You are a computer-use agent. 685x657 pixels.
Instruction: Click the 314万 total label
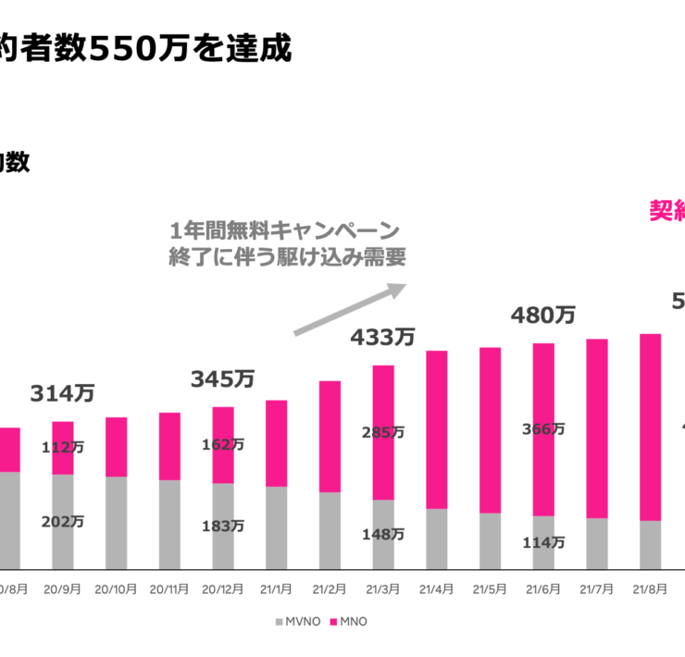62,393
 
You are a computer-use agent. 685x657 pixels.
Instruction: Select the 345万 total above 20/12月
223,378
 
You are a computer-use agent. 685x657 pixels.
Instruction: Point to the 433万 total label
382,338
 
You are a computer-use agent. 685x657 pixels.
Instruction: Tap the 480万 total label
542,316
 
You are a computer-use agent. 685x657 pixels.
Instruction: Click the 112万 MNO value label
62,447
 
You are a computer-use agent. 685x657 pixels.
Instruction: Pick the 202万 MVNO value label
62,522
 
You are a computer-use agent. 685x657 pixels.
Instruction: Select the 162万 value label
223,444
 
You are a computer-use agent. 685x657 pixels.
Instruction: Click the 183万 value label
223,526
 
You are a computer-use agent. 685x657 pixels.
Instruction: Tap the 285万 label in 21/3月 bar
382,432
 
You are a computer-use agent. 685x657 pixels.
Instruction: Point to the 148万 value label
382,534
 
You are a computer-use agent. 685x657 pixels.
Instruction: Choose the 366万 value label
542,428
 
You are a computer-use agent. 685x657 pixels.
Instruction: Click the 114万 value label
542,542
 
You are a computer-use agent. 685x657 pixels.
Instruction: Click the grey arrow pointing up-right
350,309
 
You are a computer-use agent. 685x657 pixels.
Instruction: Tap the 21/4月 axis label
436,589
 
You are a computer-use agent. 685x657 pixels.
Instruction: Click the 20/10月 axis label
116,589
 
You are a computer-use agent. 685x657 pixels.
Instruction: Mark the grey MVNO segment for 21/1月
276,527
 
